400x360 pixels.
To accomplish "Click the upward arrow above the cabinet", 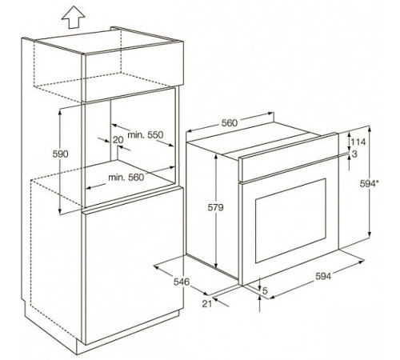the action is tap(73, 18).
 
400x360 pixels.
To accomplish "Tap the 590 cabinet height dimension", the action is tap(60, 154).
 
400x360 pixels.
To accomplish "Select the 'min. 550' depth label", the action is tap(146, 135).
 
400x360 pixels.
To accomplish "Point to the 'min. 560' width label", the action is tap(126, 177).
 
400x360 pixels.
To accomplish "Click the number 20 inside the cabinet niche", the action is tap(118, 139).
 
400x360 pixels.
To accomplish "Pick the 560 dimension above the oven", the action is tap(230, 122).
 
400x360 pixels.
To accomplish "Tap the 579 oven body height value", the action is tap(215, 207).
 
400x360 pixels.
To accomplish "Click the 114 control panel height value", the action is tap(358, 142).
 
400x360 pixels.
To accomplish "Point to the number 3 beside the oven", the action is tap(354, 154).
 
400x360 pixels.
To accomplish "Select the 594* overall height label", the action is tap(369, 184).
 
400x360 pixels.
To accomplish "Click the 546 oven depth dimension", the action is tap(182, 282).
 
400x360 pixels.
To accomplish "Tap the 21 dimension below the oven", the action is tap(206, 303).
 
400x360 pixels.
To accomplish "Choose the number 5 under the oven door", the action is tap(265, 290).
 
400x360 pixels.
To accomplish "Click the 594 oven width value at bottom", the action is tap(323, 277).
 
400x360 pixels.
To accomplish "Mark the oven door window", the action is tap(290, 221).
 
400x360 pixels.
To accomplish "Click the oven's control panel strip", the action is tap(289, 158).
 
